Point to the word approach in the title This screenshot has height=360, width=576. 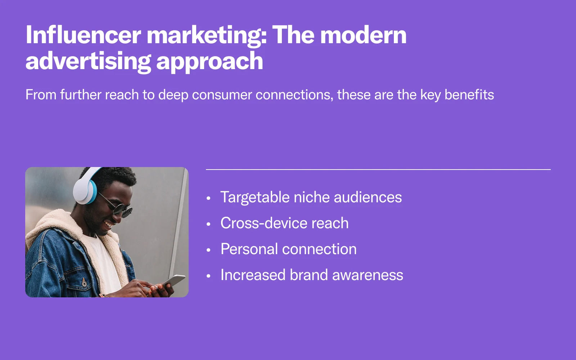210,62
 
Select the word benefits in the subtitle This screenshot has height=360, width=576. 469,94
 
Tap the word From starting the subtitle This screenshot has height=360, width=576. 41,94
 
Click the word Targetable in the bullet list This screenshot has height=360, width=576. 255,198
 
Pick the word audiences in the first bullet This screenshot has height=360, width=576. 368,197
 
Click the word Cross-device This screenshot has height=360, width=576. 264,223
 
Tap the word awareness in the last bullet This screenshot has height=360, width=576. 368,275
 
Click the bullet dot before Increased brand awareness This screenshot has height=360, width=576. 208,276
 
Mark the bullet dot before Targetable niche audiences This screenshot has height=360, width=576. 208,198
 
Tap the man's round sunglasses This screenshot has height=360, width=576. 118,207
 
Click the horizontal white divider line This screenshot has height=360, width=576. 378,170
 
